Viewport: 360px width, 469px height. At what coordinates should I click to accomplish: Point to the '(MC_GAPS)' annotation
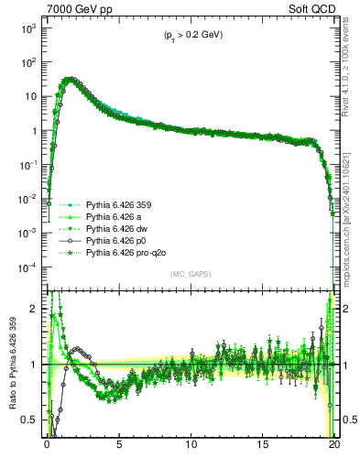(189, 274)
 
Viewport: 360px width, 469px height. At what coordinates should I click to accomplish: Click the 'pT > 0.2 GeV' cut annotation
(188, 35)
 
